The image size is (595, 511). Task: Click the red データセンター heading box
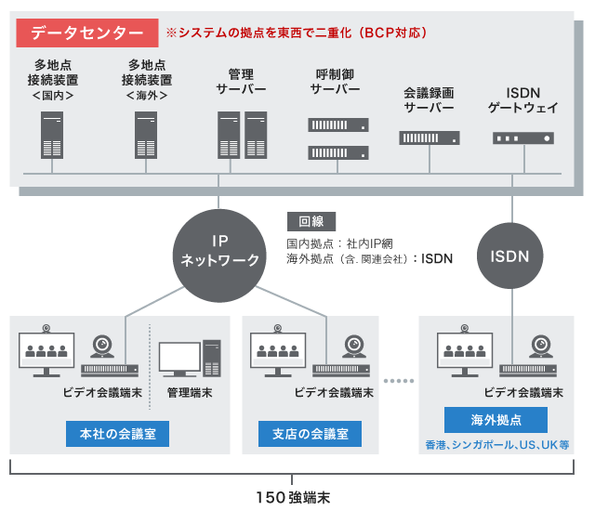86,32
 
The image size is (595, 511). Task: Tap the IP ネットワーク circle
219,250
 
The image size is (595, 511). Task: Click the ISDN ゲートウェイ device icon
522,138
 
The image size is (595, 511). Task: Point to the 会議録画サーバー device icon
430,138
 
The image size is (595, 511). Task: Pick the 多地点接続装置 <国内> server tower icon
52,134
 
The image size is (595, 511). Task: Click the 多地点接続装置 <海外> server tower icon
147,134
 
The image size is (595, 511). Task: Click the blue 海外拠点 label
496,419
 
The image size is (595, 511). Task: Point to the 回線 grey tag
311,222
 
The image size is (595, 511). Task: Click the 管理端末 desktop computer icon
189,360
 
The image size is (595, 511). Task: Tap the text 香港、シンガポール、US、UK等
497,444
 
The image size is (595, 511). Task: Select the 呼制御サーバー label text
336,81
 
